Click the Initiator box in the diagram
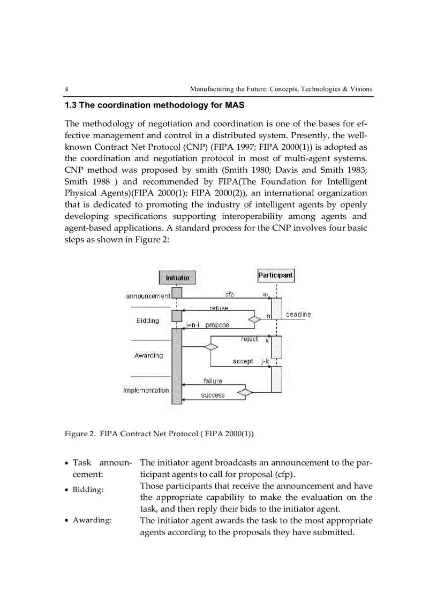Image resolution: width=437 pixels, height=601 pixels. (x=177, y=278)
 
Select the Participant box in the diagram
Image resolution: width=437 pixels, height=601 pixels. (x=276, y=275)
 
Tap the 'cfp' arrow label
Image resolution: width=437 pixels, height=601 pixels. (x=229, y=294)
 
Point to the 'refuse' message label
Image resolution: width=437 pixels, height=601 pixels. (x=219, y=308)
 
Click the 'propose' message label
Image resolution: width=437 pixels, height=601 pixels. (x=217, y=325)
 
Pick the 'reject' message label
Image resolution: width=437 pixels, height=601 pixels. (x=249, y=339)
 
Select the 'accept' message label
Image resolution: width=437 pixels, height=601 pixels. (x=243, y=361)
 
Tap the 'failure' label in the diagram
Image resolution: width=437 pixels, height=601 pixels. (x=213, y=381)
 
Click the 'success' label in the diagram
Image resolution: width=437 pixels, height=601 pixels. (x=213, y=395)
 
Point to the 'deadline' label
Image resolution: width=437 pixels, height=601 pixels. (x=298, y=314)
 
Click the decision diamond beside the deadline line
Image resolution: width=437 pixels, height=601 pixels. (x=255, y=319)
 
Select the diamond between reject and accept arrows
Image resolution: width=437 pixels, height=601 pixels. (x=211, y=346)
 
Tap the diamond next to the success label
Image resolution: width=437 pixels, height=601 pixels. (x=245, y=392)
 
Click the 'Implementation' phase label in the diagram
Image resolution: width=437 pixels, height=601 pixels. (x=146, y=390)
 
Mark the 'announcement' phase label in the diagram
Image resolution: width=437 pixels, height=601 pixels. (x=148, y=295)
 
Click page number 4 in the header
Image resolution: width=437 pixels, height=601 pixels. (x=66, y=89)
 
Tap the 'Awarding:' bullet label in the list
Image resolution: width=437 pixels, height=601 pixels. (x=92, y=521)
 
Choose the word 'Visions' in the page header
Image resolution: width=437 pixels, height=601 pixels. (x=361, y=89)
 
